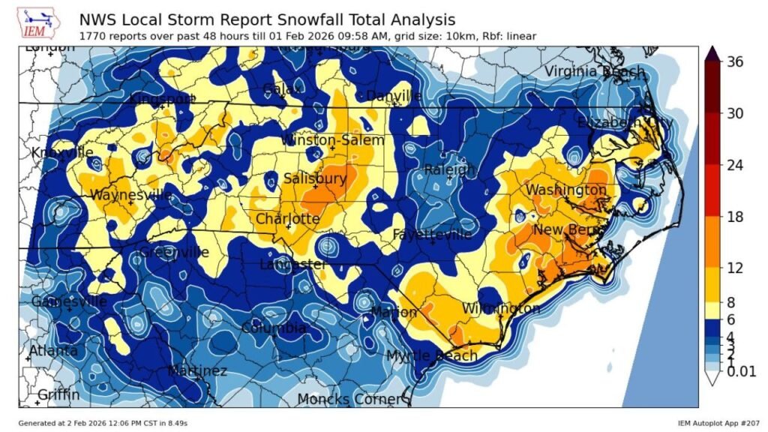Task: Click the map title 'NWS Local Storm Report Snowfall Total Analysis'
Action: coord(266,19)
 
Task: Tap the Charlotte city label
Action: coord(287,219)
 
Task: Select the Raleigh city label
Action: coord(450,170)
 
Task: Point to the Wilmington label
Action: coord(501,309)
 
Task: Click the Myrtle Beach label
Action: coord(431,355)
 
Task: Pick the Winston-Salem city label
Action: coord(332,140)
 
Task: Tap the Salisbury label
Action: coord(315,178)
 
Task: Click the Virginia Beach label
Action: coord(594,71)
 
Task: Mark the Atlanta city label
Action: coord(53,351)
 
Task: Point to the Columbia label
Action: coord(273,328)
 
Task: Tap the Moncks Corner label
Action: coord(349,399)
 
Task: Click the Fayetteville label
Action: coord(433,235)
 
